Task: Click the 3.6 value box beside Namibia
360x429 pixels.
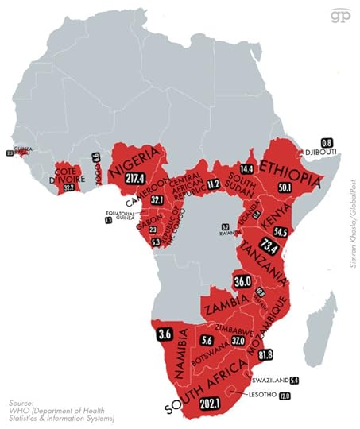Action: [x=165, y=333]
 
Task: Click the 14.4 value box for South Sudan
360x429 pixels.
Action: [x=246, y=169]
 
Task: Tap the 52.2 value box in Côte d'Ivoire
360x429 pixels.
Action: [x=68, y=186]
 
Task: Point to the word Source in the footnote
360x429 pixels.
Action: [x=21, y=403]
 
